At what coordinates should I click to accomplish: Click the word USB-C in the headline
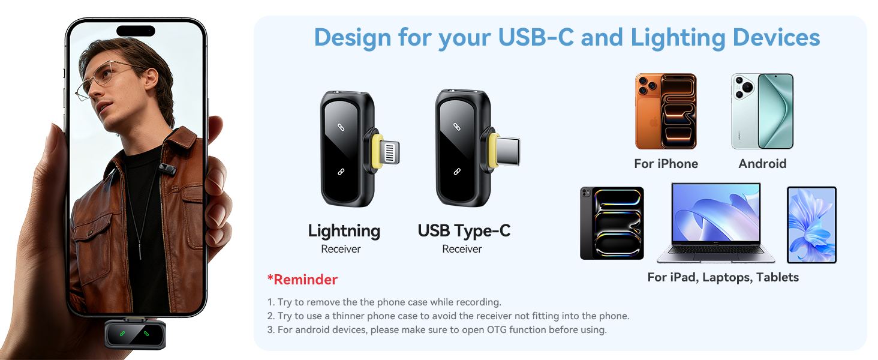tap(536, 38)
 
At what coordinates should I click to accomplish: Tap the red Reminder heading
tap(302, 280)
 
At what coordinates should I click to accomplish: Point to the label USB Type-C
tap(464, 231)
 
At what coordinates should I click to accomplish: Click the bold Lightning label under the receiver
tap(344, 231)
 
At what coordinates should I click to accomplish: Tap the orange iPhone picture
tap(666, 112)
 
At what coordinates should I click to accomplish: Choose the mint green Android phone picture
tap(762, 112)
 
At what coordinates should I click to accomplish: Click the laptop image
tap(715, 223)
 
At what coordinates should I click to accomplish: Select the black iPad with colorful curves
tap(612, 223)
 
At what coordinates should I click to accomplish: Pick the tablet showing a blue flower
tap(812, 225)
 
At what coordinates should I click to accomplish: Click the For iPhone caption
tap(666, 164)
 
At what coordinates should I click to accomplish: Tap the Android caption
tap(762, 164)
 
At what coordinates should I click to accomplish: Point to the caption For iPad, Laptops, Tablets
tap(723, 278)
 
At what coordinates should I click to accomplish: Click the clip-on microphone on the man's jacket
tap(167, 169)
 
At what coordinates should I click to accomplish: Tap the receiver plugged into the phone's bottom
tap(135, 334)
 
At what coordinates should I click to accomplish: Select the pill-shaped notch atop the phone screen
tap(136, 31)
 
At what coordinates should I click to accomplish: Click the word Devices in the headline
tap(776, 38)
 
